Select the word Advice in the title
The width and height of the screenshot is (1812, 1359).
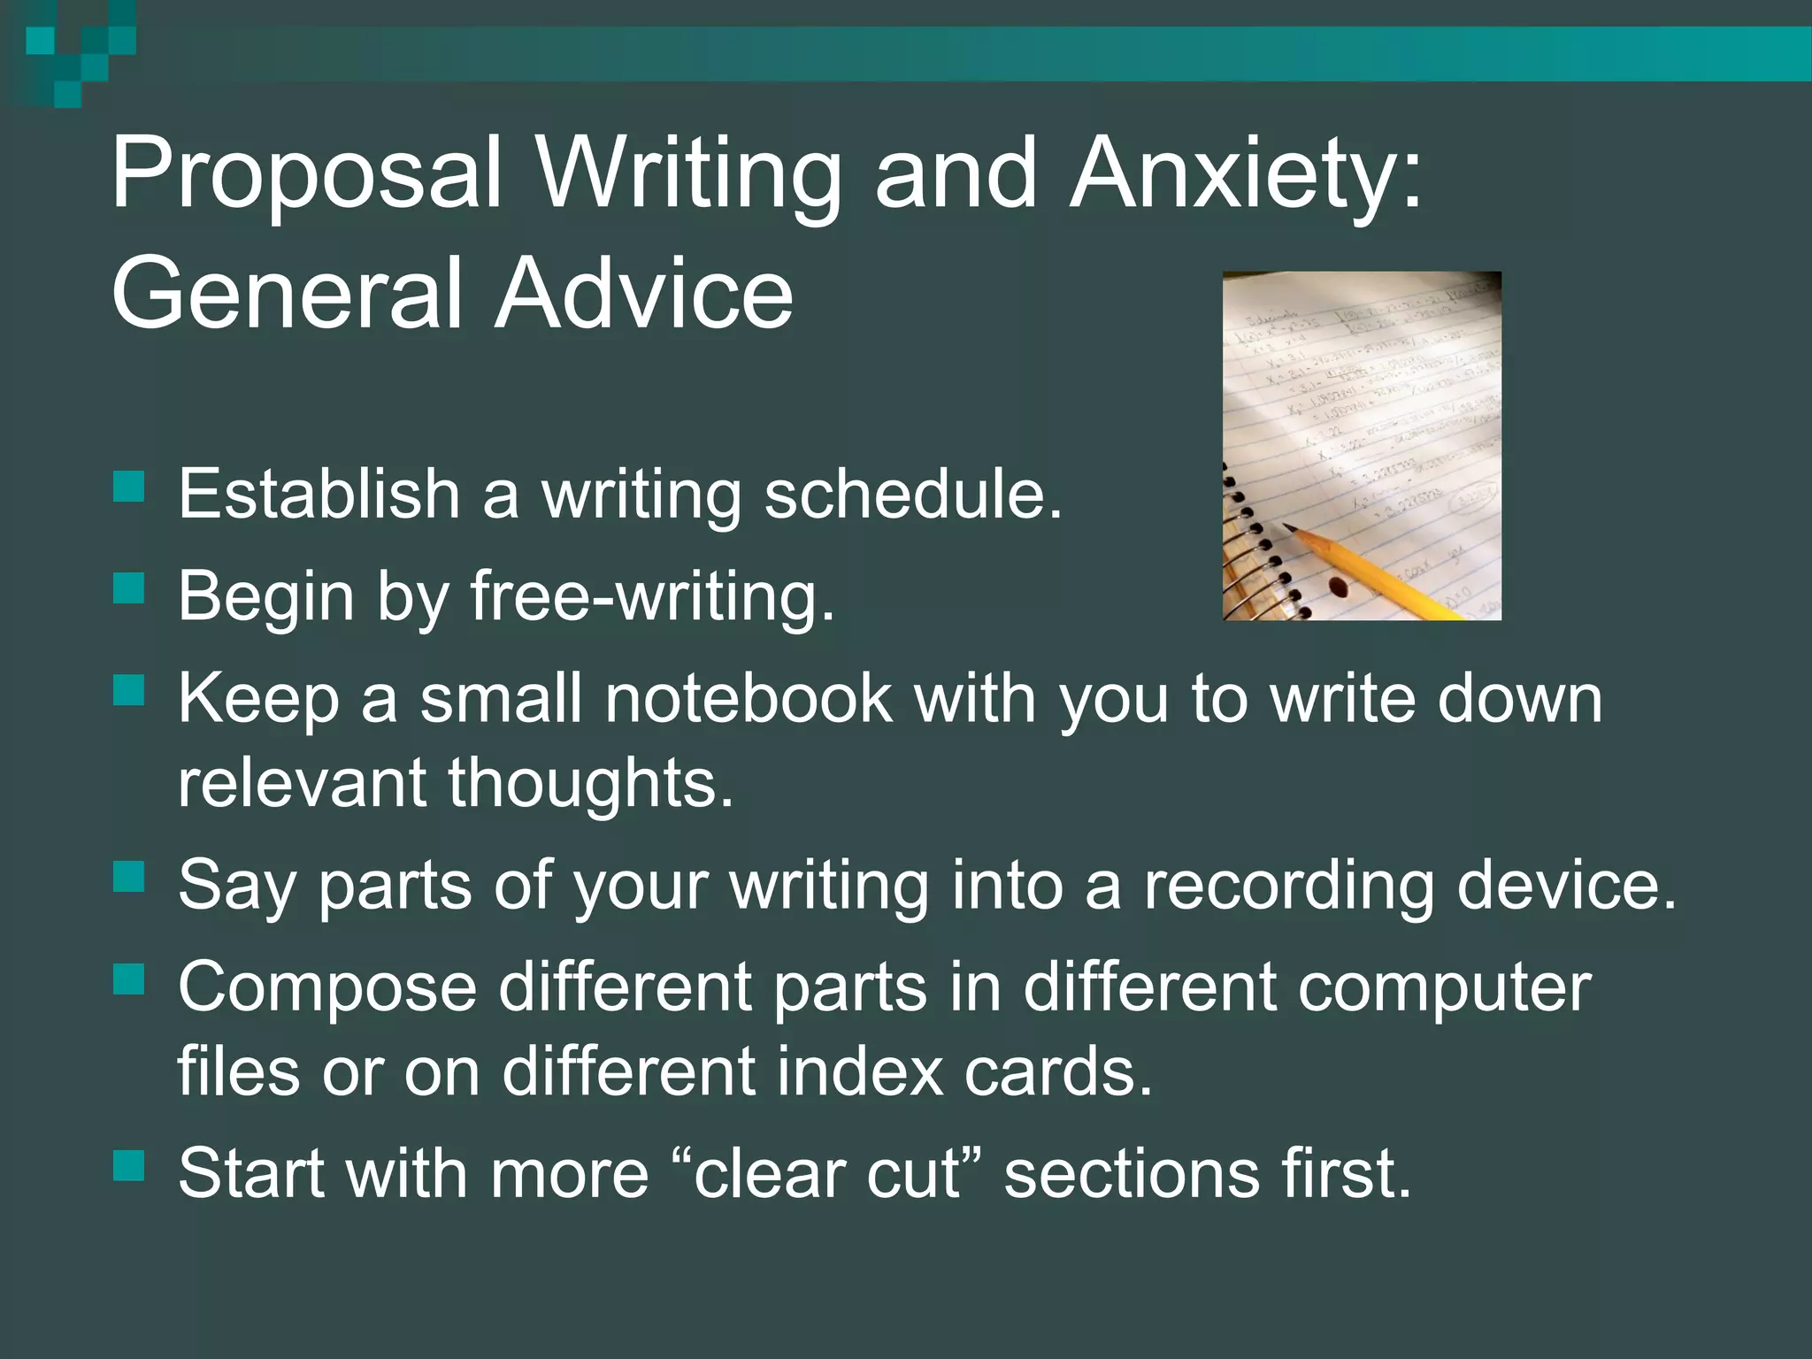(644, 292)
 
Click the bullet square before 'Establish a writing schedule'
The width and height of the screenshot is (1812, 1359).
(129, 487)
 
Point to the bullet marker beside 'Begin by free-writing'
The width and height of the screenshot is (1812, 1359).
(129, 588)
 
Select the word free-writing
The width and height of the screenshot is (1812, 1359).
(651, 595)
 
